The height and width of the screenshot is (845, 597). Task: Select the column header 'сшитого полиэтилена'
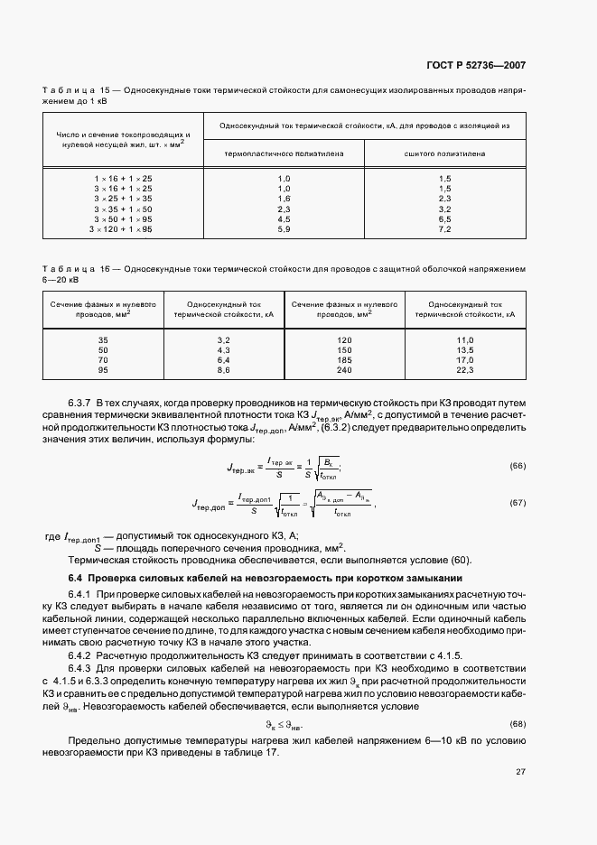(444, 153)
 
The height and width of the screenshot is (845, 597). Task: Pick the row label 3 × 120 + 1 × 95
(121, 230)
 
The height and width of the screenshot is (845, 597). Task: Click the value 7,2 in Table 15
(444, 230)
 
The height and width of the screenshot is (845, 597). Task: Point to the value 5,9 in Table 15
(284, 230)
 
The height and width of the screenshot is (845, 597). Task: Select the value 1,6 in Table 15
(284, 198)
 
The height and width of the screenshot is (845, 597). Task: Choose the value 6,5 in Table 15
(444, 219)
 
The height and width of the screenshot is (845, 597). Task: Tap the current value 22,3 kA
(465, 371)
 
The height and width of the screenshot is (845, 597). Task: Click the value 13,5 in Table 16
(465, 349)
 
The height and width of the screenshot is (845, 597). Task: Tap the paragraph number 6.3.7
(81, 400)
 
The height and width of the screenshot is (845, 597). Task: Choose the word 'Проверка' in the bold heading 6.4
(115, 577)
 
